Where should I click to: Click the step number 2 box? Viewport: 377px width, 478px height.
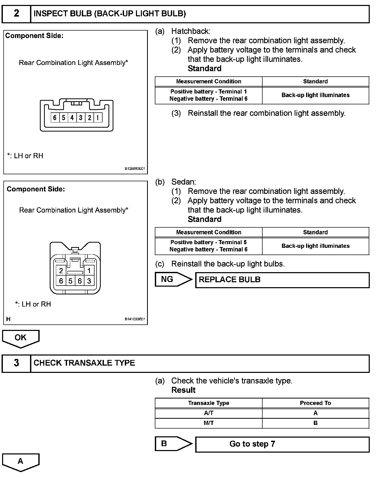[16, 13]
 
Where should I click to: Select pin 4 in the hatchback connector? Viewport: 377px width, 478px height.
[72, 118]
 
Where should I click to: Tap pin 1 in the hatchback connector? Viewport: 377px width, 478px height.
[98, 118]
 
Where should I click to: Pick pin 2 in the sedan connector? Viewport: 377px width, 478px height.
[61, 271]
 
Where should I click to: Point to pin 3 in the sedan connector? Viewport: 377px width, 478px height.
[89, 281]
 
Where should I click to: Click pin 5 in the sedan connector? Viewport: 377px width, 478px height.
[70, 281]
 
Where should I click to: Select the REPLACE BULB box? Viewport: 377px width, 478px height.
[282, 280]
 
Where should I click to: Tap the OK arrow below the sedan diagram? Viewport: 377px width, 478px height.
[21, 338]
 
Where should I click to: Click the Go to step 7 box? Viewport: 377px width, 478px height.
[282, 444]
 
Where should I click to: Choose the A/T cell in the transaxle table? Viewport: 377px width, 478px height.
[208, 413]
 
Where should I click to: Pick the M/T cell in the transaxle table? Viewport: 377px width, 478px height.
[208, 423]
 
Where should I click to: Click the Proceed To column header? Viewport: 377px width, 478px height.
[315, 403]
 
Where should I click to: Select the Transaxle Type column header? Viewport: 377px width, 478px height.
[208, 403]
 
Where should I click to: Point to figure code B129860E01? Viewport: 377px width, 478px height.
[135, 169]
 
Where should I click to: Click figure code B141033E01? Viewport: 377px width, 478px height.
[135, 319]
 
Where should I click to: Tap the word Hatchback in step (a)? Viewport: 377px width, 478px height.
[191, 31]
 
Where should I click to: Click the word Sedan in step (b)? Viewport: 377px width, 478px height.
[184, 182]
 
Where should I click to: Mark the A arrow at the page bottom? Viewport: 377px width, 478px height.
[21, 462]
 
